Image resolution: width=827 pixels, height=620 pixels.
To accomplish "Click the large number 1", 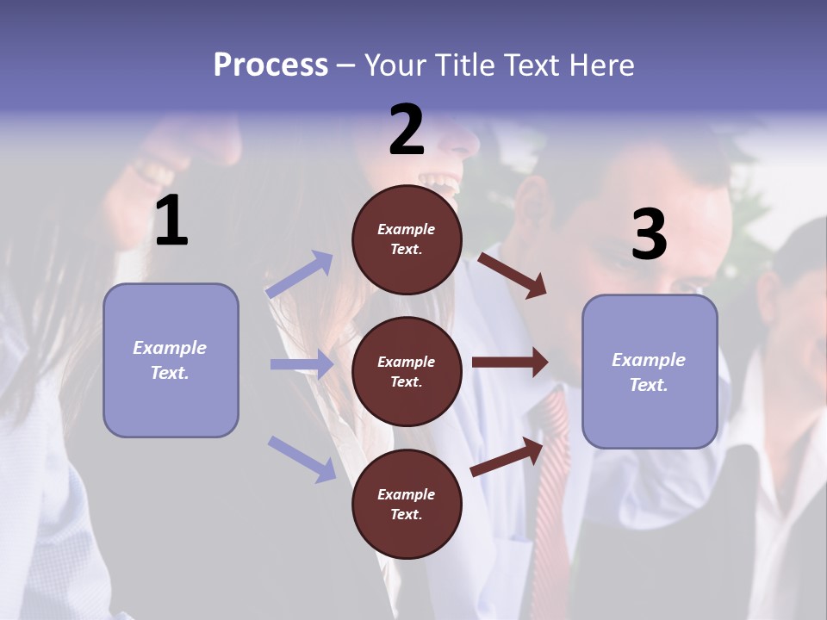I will coord(171,221).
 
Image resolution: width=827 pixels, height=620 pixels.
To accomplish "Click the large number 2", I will coord(407,130).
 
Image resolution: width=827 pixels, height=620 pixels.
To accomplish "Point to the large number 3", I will coord(649,235).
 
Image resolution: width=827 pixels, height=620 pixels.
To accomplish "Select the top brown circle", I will coord(407,239).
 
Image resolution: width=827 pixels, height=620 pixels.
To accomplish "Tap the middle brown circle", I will coord(407,371).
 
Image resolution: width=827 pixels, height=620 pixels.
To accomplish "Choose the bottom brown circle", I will coord(407,504).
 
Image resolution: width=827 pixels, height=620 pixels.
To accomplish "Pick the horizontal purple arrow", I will coord(302,364).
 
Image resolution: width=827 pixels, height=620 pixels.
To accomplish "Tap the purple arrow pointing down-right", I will coord(302,458).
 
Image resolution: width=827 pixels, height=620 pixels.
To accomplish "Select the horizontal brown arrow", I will coord(510,362).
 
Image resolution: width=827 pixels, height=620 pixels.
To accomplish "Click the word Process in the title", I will coord(270,65).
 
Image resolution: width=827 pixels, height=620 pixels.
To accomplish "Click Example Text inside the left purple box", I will coord(170,360).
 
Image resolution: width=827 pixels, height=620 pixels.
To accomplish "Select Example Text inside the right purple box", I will coord(649,372).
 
